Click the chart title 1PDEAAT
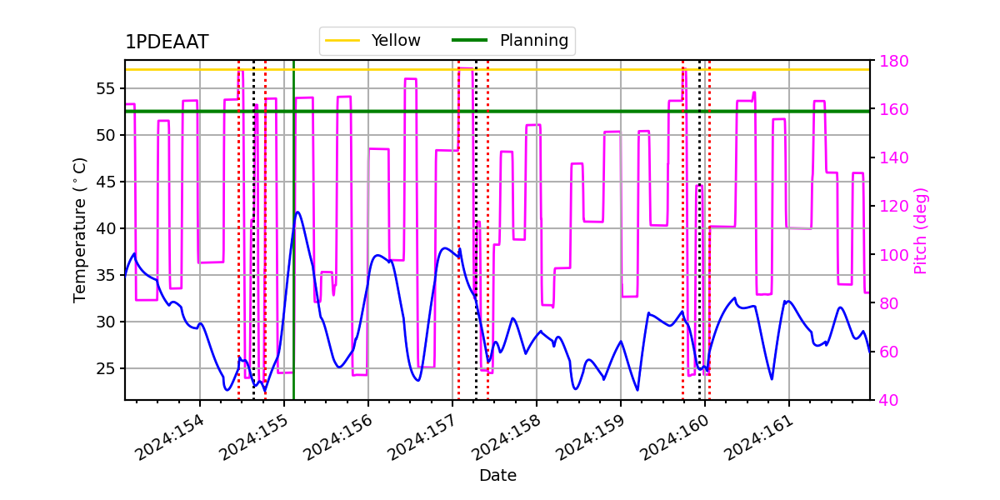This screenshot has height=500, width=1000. coord(167,42)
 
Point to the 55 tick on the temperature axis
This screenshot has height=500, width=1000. coord(109,88)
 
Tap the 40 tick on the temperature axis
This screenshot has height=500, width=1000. coord(109,228)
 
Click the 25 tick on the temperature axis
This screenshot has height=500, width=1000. coord(109,368)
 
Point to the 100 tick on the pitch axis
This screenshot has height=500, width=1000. coord(889,255)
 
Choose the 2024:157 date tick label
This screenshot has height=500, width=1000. coord(422,437)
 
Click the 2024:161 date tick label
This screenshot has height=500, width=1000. coord(758,437)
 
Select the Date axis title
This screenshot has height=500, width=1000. coord(497,476)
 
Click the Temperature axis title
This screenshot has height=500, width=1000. coord(80,229)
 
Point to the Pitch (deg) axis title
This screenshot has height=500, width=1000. coord(921,230)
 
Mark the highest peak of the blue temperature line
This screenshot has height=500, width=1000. coord(297,212)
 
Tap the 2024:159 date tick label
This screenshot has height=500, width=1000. coord(590,437)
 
